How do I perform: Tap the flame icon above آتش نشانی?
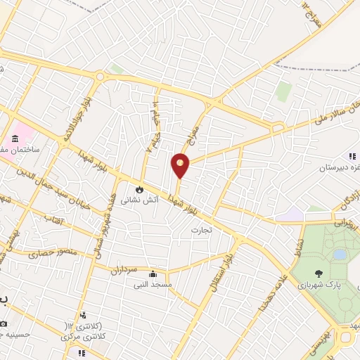tap(139, 189)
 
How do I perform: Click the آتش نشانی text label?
tap(139, 200)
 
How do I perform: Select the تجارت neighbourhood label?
tap(201, 229)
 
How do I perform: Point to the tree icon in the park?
tap(320, 274)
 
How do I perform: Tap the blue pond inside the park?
tap(340, 254)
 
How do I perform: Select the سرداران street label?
tap(131, 270)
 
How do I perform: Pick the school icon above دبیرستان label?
tap(351, 156)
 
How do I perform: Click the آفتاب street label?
tap(53, 221)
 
